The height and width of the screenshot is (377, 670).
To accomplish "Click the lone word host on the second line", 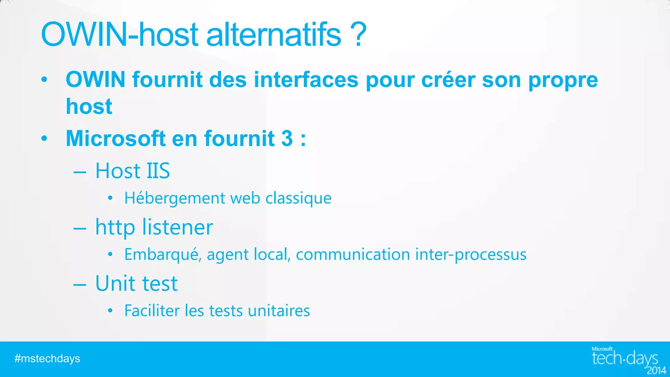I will (x=89, y=106).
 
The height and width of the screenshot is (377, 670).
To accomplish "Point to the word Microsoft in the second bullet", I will (x=115, y=138).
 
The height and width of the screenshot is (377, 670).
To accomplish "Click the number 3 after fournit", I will (x=287, y=138).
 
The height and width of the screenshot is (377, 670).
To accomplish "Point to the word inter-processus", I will (x=471, y=255).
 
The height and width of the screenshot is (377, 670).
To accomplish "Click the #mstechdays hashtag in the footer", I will (x=47, y=359).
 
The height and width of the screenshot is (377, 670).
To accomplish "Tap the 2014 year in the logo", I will (x=657, y=370).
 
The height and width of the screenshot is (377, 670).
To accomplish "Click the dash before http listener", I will (x=80, y=228).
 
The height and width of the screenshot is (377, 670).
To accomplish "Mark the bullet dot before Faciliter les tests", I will (x=110, y=311).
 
